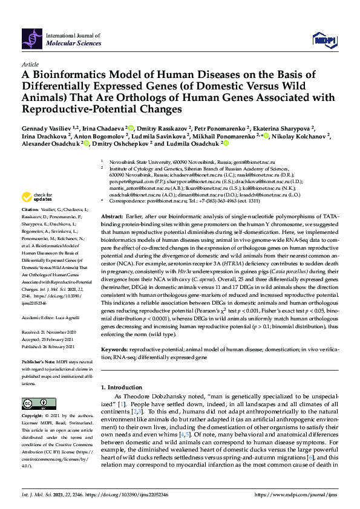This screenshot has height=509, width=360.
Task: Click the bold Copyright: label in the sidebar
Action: (33, 417)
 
